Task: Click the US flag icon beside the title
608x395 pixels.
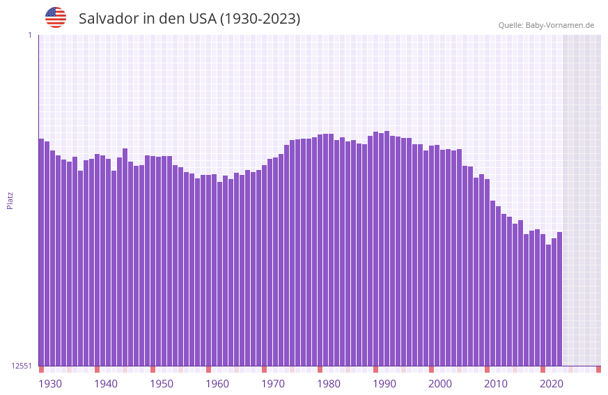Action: tap(56, 17)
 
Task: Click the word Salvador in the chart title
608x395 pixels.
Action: tap(109, 19)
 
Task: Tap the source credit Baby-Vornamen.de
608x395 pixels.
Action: tap(559, 25)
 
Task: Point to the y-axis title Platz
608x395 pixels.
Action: tap(10, 200)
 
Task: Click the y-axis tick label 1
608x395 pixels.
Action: tap(29, 35)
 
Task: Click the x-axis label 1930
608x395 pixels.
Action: tap(50, 384)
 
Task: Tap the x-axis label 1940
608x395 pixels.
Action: tap(106, 384)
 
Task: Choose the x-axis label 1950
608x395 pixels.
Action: tap(162, 384)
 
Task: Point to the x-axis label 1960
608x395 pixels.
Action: tap(217, 384)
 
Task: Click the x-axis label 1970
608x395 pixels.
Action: tap(273, 384)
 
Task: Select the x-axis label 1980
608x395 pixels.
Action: tap(329, 384)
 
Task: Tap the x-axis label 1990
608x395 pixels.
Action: tap(384, 384)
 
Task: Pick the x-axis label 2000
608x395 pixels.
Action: tap(440, 384)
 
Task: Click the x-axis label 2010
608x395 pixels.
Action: tap(496, 384)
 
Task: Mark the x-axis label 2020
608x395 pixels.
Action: tap(552, 384)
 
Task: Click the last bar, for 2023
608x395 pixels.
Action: tap(559, 299)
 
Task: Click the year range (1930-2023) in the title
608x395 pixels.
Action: tap(260, 19)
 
